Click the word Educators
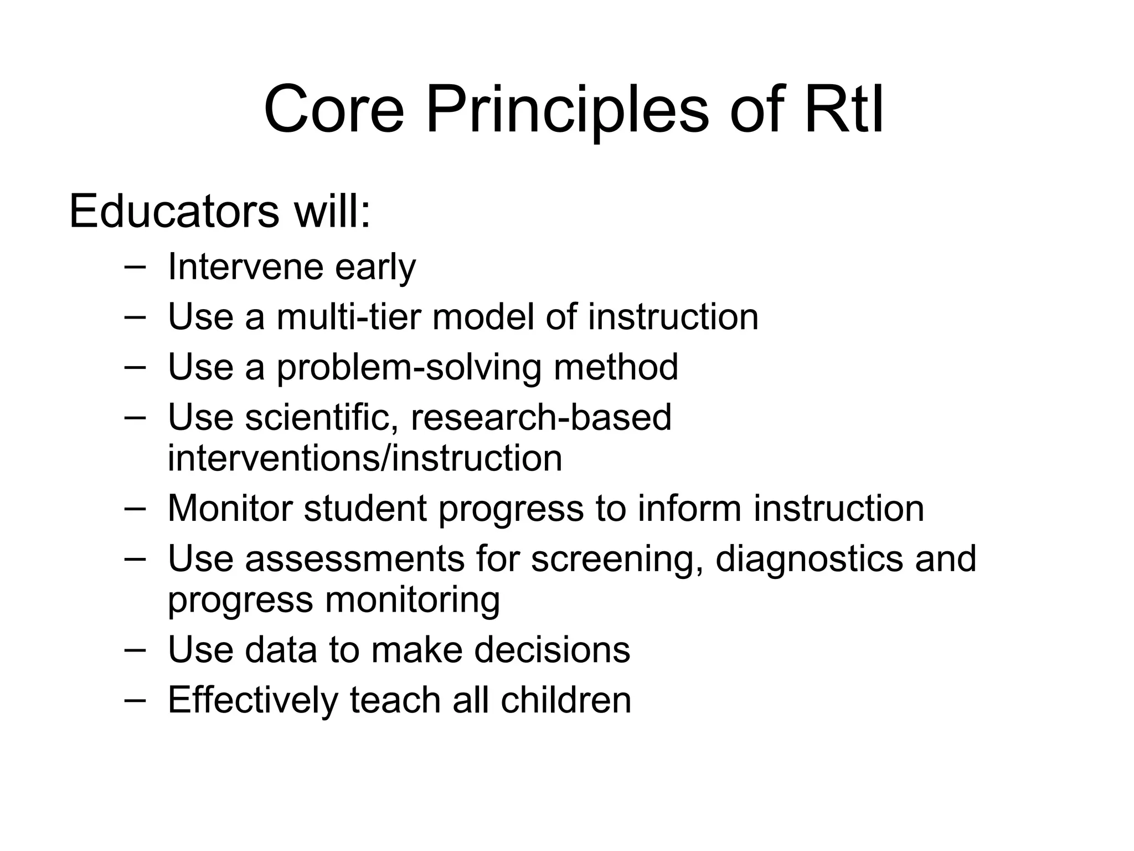[174, 212]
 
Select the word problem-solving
[409, 368]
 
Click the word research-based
[540, 417]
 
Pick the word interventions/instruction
[365, 458]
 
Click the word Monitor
[230, 508]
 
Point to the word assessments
[354, 558]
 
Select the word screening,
[617, 558]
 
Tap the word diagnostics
[809, 558]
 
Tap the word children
[566, 700]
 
